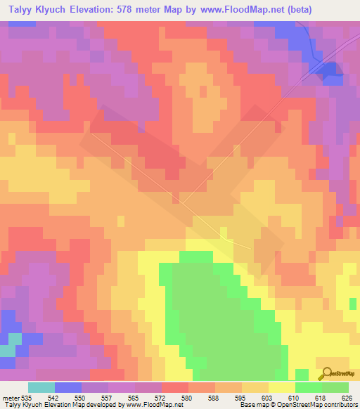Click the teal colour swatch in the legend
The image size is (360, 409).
click(41, 387)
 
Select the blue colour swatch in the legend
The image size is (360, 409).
click(68, 387)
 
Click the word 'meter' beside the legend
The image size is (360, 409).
click(11, 397)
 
